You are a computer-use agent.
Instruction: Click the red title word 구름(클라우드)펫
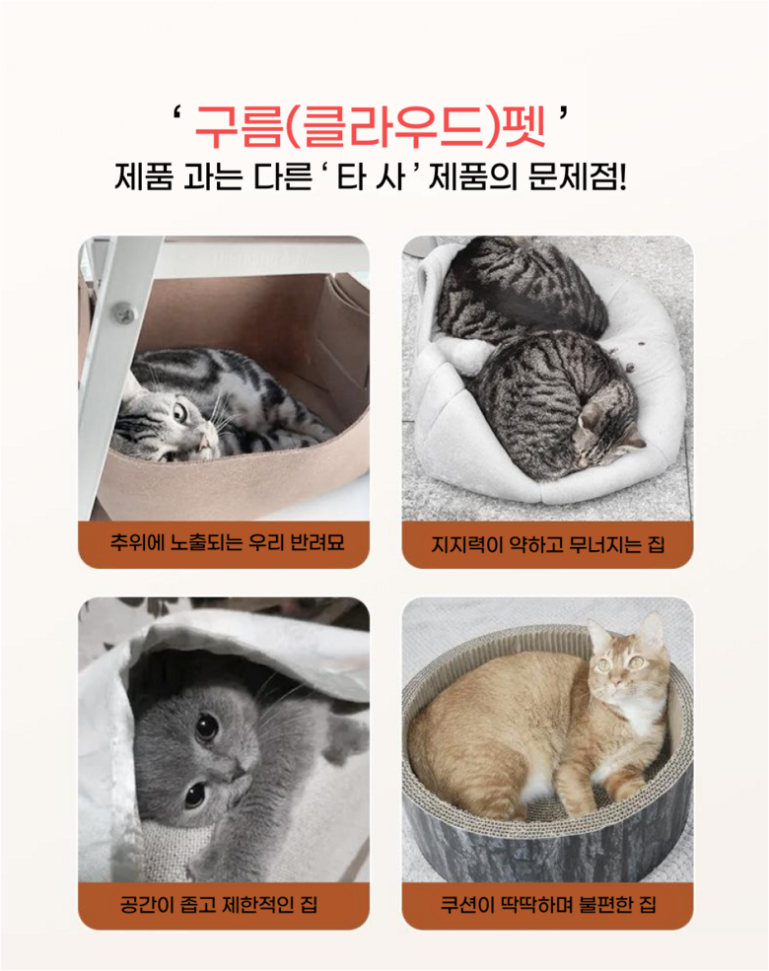point(371,126)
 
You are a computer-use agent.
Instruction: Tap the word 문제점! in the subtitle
point(577,176)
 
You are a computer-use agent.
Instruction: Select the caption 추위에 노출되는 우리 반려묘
point(227,543)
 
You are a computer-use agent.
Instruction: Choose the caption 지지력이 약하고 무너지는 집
point(548,544)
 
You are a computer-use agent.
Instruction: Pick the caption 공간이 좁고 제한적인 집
point(219,905)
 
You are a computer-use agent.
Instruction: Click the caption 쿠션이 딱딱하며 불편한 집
point(548,905)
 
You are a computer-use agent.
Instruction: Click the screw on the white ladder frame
point(123,312)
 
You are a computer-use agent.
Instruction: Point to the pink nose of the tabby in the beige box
point(202,442)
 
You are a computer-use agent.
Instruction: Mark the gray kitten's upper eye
point(207,727)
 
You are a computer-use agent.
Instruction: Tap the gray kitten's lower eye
point(194,795)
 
